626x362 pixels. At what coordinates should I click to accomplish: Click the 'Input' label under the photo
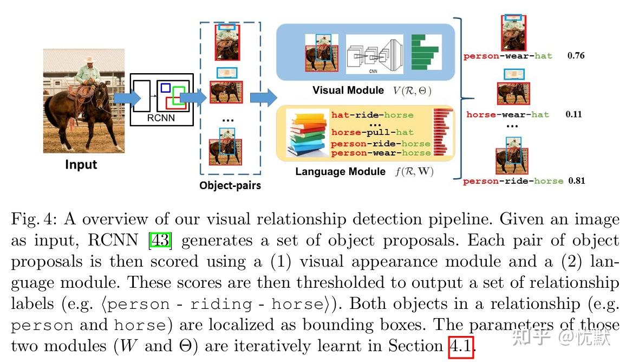point(81,165)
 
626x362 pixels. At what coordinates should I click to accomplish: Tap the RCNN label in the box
point(161,118)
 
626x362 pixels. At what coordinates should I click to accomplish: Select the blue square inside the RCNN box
point(165,88)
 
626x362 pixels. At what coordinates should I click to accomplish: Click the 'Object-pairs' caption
point(230,186)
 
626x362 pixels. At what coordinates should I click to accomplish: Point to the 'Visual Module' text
point(348,90)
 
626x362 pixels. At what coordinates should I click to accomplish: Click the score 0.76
point(576,55)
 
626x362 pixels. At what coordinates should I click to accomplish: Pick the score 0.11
point(573,114)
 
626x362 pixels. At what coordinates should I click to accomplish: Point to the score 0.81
point(577,181)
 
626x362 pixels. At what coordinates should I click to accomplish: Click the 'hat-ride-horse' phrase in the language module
point(372,115)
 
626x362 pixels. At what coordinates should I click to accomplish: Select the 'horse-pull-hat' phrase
point(372,132)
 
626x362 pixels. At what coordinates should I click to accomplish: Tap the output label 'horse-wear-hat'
point(507,115)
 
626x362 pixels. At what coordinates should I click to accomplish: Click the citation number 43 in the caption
point(160,240)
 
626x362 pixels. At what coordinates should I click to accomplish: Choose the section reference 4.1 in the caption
point(461,346)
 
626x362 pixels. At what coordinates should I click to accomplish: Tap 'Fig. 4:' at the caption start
point(34,219)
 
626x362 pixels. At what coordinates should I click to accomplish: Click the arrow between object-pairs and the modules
point(263,96)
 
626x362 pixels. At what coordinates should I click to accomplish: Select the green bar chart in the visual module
point(426,53)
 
